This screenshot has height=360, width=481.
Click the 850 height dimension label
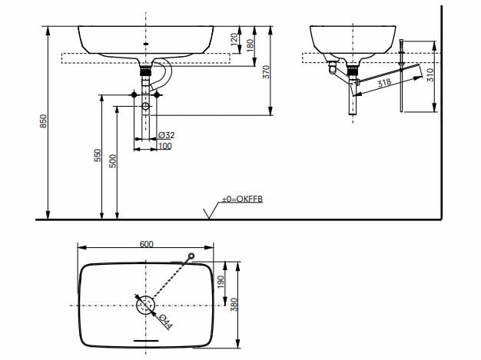pyautogui.click(x=44, y=121)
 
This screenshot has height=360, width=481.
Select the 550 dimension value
pyautogui.click(x=98, y=156)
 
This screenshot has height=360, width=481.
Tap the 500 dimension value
pyautogui.click(x=113, y=161)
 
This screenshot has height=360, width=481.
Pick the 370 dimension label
pyautogui.click(x=267, y=71)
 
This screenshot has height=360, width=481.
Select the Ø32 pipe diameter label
pyautogui.click(x=166, y=135)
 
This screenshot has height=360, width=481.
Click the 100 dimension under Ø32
pyautogui.click(x=165, y=145)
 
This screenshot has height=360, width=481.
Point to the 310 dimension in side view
pyautogui.click(x=430, y=75)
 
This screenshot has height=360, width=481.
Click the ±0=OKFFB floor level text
pyautogui.click(x=242, y=199)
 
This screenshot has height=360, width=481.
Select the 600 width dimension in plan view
pyautogui.click(x=147, y=244)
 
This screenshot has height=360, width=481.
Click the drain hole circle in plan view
pyautogui.click(x=145, y=304)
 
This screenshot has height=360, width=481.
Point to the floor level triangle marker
pyautogui.click(x=207, y=213)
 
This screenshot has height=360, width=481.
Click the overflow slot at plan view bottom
pyautogui.click(x=145, y=338)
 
